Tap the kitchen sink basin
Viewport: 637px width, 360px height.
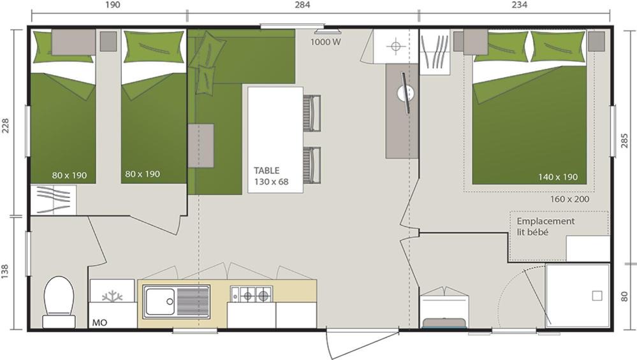pyautogui.click(x=160, y=301)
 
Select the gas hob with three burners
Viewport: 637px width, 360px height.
pyautogui.click(x=251, y=294)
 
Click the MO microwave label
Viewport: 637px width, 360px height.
pyautogui.click(x=99, y=322)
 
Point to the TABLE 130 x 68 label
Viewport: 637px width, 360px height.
pyautogui.click(x=272, y=176)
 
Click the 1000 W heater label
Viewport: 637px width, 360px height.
pyautogui.click(x=326, y=42)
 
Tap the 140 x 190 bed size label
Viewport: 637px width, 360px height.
pyautogui.click(x=558, y=177)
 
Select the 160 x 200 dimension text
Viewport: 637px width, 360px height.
pyautogui.click(x=569, y=199)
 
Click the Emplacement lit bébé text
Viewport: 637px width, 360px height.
pyautogui.click(x=546, y=226)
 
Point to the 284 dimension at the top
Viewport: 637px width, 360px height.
pyautogui.click(x=303, y=5)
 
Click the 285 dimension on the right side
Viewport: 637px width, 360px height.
pyautogui.click(x=625, y=140)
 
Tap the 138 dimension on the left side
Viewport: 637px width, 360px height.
pyautogui.click(x=5, y=271)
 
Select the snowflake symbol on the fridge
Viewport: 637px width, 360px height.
pyautogui.click(x=112, y=296)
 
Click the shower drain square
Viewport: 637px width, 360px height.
pyautogui.click(x=597, y=296)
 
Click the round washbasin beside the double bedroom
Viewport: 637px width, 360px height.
pyautogui.click(x=406, y=94)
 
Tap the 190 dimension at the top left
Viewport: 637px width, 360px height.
pyautogui.click(x=113, y=5)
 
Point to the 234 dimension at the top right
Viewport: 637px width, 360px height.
pyautogui.click(x=520, y=5)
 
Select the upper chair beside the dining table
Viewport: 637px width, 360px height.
pyautogui.click(x=312, y=113)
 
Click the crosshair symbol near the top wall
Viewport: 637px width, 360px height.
pyautogui.click(x=396, y=46)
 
